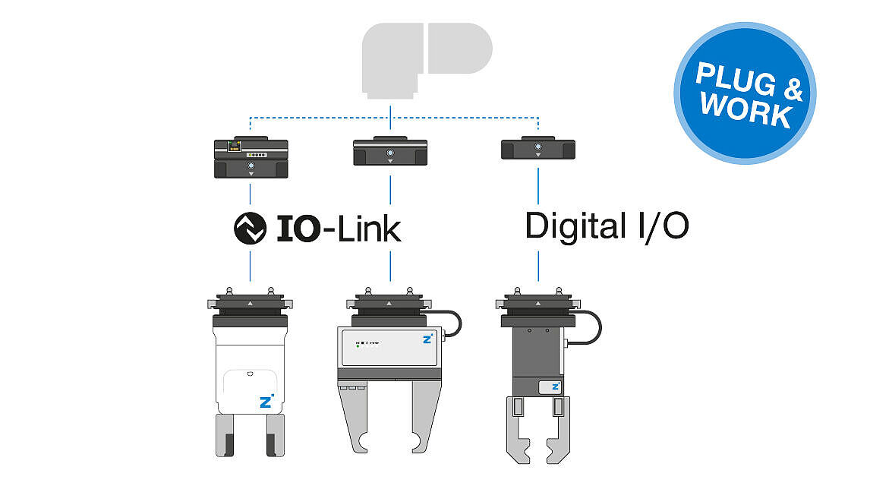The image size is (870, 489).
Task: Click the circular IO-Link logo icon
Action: [x=251, y=228]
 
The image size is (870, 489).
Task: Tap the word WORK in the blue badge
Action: [x=745, y=109]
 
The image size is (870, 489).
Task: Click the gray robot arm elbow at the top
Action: [x=427, y=58]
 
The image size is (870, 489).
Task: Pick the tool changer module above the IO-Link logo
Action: [x=251, y=157]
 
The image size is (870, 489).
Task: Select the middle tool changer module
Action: [x=390, y=151]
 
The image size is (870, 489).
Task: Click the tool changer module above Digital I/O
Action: [x=538, y=147]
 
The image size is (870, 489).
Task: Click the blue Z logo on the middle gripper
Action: [x=427, y=338]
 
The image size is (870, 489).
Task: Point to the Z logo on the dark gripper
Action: [x=556, y=386]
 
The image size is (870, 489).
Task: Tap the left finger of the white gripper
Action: [x=225, y=435]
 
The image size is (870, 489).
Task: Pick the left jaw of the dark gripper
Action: [x=519, y=430]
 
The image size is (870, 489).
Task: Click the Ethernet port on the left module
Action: [x=234, y=147]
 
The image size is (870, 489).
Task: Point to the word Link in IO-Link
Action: [x=369, y=228]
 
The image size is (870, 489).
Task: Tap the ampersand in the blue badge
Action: [x=793, y=89]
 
